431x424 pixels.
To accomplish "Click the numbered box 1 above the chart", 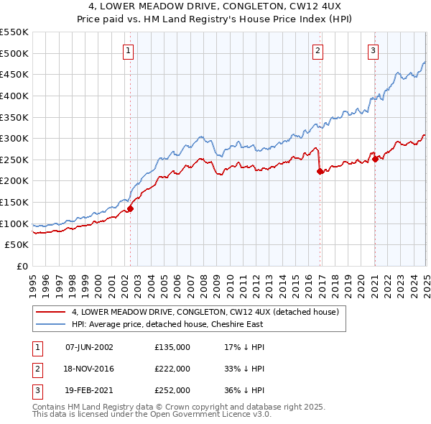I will [128, 50].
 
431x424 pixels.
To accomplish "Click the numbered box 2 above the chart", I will [318, 50].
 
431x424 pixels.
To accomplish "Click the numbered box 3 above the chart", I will [374, 50].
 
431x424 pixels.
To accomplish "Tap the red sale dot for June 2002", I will [131, 208].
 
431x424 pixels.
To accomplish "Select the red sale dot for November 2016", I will [320, 171].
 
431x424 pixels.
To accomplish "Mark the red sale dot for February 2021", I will [375, 159].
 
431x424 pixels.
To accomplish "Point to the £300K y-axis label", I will [14, 138].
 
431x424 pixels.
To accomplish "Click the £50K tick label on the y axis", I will [17, 245].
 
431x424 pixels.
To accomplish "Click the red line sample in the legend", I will [51, 312].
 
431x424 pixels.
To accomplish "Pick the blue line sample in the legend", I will [51, 324].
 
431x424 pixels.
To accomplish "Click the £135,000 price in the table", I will [172, 347].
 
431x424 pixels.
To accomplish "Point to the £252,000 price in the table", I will [172, 390].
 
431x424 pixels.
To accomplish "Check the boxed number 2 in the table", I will [35, 369].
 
